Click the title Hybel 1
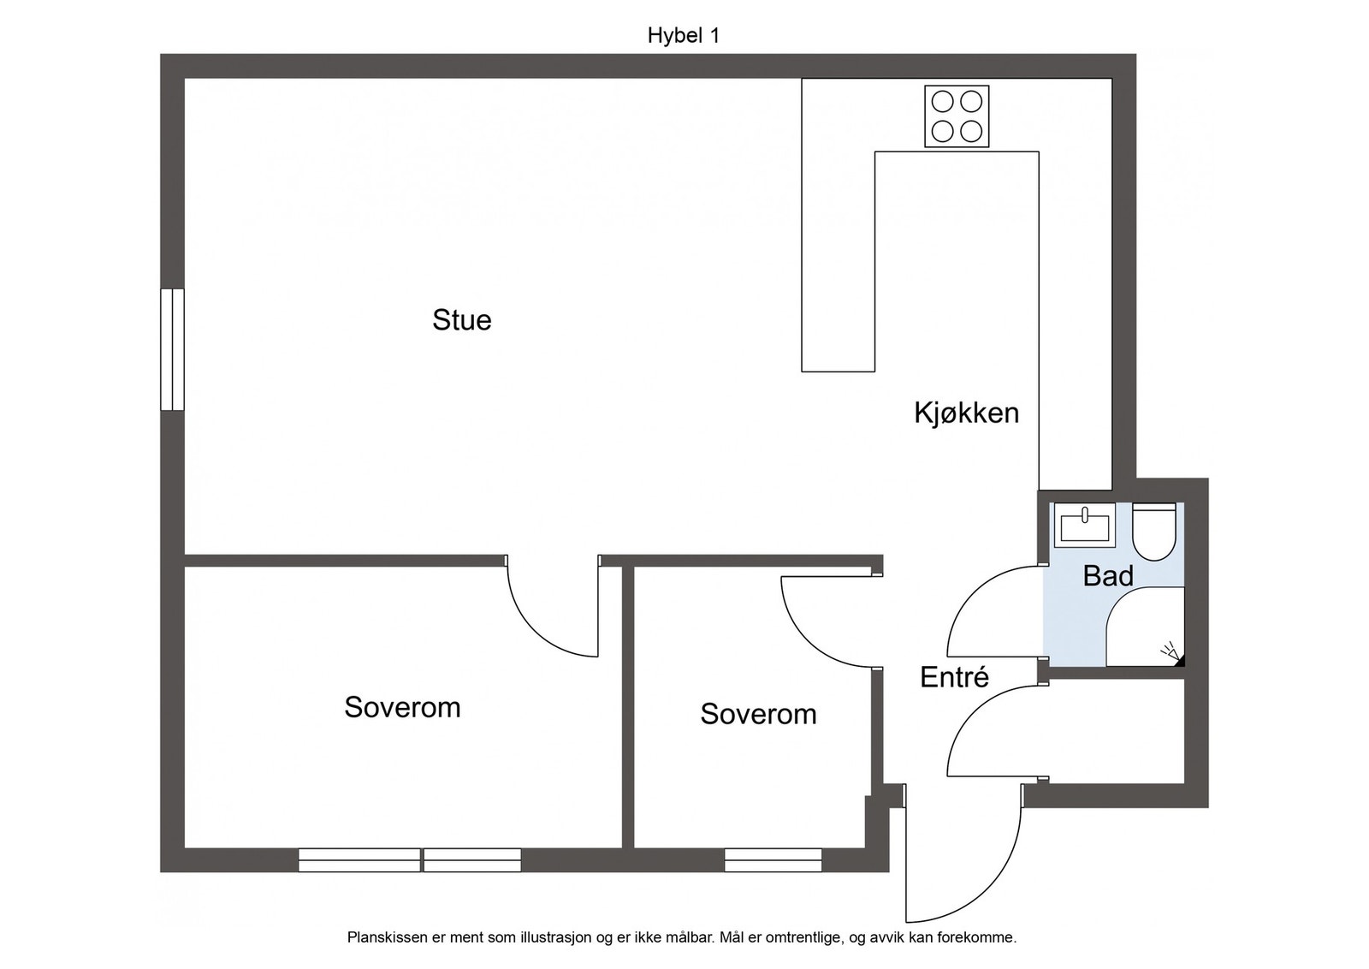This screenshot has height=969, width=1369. [684, 35]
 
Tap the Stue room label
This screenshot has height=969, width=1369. [462, 320]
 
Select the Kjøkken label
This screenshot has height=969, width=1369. [966, 413]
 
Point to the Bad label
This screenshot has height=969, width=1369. [1108, 576]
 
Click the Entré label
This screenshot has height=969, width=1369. [955, 677]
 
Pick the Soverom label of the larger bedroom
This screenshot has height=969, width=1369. [402, 707]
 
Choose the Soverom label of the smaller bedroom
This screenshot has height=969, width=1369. [758, 714]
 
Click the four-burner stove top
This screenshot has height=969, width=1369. [957, 116]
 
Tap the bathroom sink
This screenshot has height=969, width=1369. [1085, 525]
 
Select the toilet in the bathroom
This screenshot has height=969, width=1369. [1154, 532]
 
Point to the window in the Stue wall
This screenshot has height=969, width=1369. [172, 349]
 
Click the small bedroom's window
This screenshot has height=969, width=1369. [773, 859]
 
